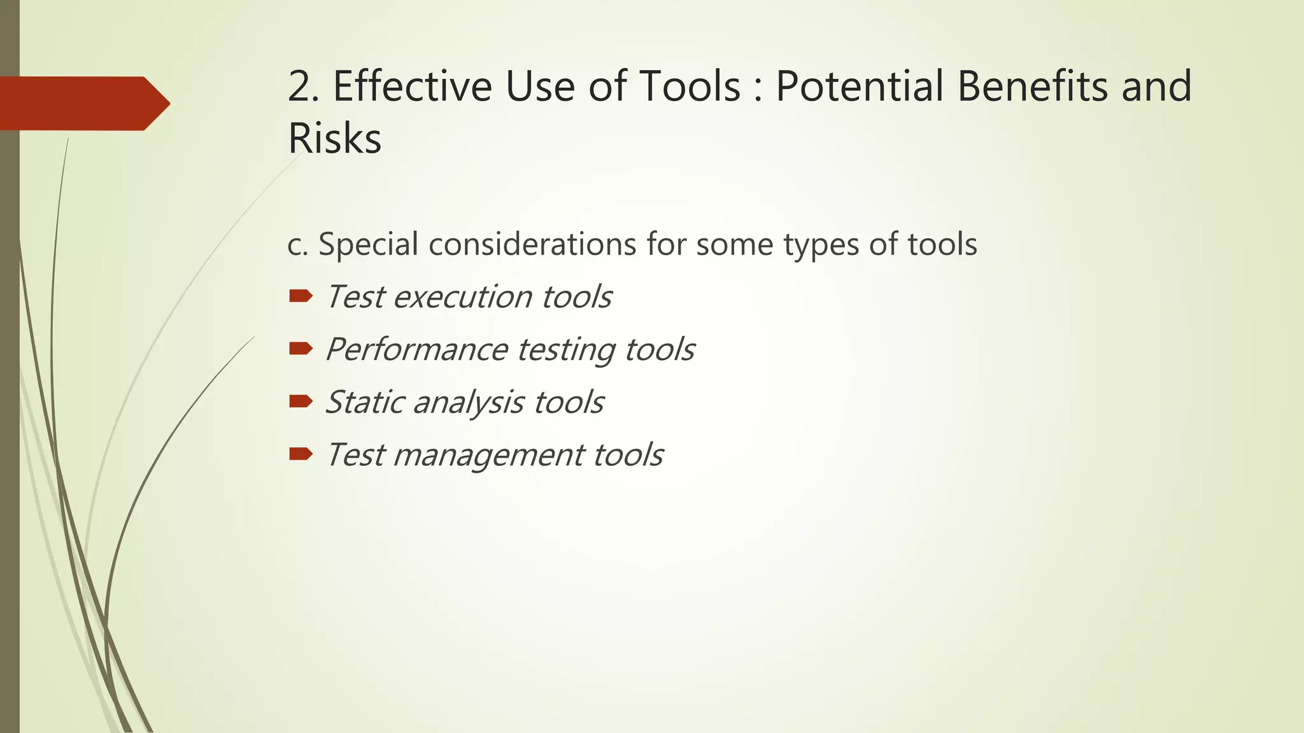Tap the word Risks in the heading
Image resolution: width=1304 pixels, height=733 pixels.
click(x=334, y=138)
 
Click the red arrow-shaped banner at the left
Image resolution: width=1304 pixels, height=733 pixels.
click(x=83, y=103)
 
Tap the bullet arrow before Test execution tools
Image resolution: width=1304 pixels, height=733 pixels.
click(x=301, y=295)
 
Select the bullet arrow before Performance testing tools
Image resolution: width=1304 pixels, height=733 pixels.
click(x=301, y=348)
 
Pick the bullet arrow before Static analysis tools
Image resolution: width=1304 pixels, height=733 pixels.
click(x=301, y=401)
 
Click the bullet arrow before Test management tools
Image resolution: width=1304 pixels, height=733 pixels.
click(x=301, y=454)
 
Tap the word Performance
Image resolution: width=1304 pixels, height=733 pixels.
click(x=416, y=350)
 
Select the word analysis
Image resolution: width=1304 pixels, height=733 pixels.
click(x=469, y=403)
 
